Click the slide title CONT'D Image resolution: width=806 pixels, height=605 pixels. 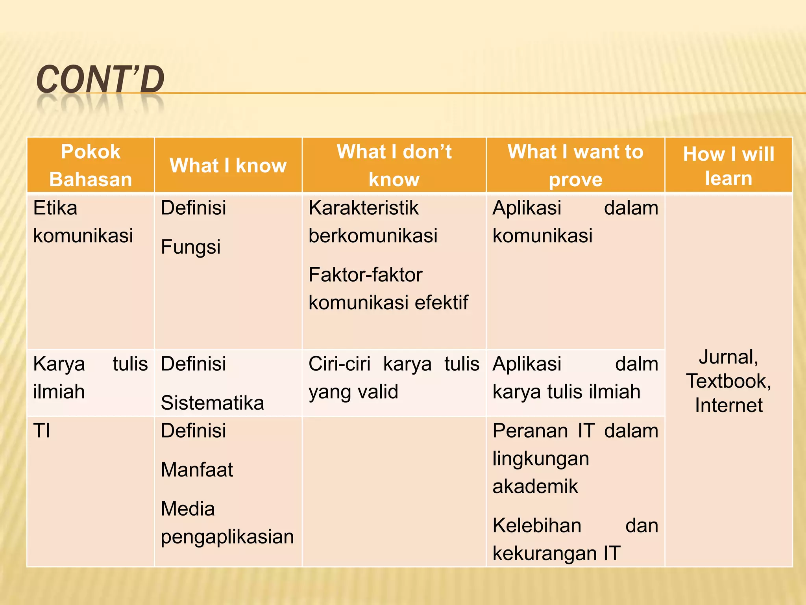(100, 80)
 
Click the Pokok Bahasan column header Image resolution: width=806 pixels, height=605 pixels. (91, 165)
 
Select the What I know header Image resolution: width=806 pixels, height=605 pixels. (228, 165)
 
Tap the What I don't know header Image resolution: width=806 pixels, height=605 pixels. (394, 165)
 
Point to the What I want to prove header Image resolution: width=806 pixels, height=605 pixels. (575, 165)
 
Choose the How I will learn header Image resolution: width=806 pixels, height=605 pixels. (728, 165)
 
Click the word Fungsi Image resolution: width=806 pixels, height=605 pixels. (190, 247)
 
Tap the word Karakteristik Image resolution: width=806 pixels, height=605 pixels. (363, 208)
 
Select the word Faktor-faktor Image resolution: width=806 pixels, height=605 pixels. (365, 275)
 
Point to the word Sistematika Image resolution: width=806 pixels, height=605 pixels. (212, 403)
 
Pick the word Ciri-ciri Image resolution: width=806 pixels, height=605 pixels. (339, 364)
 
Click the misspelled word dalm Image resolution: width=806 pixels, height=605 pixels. (636, 364)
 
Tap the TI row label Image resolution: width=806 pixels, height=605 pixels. (42, 431)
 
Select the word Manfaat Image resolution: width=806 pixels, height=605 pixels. (197, 470)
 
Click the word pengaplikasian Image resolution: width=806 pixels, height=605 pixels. (227, 537)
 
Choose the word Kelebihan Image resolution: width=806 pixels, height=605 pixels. (537, 526)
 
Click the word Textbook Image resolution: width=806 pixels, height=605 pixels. (728, 381)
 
